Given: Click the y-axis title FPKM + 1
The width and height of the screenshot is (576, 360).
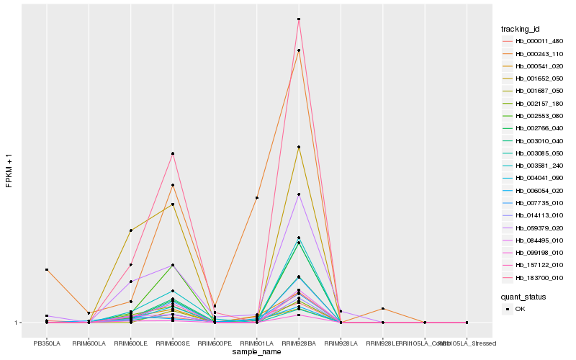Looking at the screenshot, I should click(x=9, y=171).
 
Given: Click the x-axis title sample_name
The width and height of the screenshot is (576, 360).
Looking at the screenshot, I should click(x=257, y=352).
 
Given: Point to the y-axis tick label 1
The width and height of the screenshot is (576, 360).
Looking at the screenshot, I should click(x=17, y=323).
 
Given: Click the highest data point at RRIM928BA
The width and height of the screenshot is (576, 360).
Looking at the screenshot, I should click(x=299, y=19).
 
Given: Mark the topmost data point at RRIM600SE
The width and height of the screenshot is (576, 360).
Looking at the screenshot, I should click(x=173, y=153).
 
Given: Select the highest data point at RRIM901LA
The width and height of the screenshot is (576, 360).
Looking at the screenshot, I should click(x=257, y=197).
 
